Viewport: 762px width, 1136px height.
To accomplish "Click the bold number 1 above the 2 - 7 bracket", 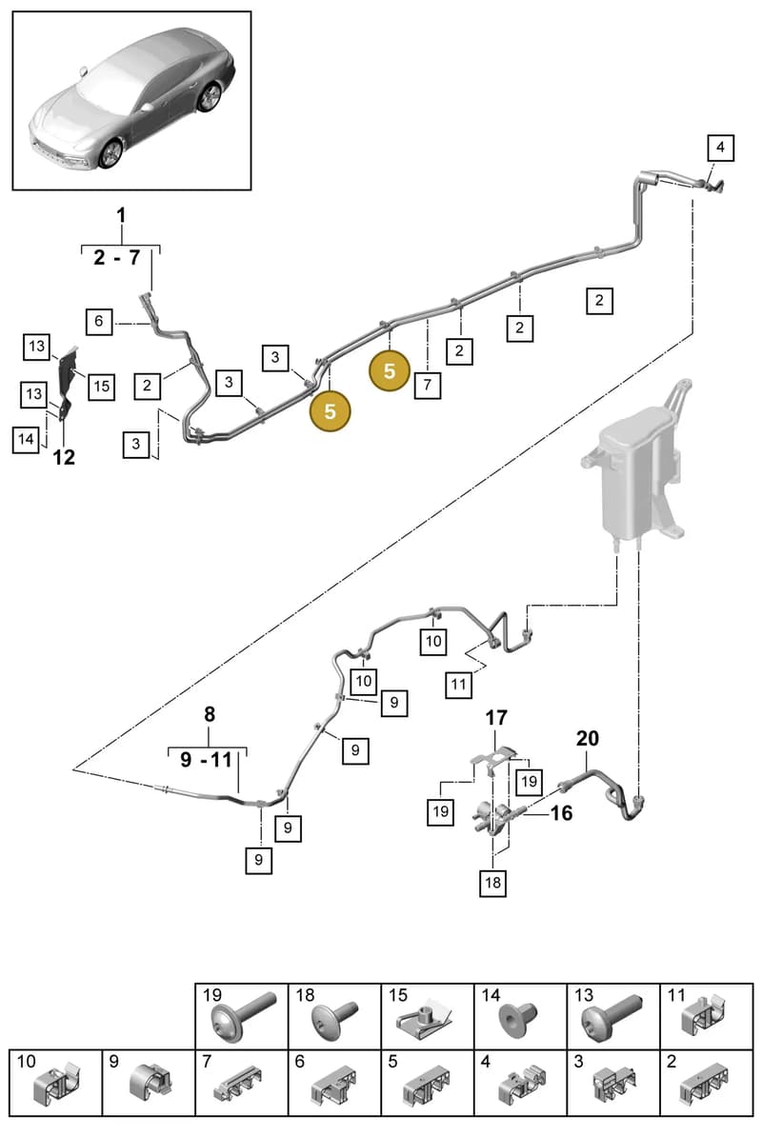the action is tap(121, 215).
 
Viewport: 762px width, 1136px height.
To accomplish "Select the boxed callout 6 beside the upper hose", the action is tap(99, 321).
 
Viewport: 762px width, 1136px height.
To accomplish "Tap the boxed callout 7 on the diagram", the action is tap(427, 385).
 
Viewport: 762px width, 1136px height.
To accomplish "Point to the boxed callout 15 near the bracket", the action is tap(102, 387).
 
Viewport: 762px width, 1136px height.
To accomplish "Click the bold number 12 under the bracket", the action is tap(64, 457).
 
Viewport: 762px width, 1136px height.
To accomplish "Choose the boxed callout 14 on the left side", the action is tap(26, 440).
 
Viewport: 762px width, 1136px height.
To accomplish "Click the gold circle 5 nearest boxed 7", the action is tap(390, 371).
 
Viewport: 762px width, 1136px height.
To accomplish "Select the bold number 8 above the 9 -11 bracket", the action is tap(210, 714).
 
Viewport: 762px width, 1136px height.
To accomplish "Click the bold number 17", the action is tap(496, 718).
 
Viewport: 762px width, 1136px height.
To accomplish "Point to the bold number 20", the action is tap(588, 738).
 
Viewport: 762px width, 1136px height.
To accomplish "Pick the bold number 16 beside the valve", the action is tap(561, 813).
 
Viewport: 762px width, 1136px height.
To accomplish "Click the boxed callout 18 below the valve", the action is tap(493, 883).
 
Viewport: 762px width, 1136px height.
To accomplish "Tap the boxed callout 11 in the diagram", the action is tap(458, 685).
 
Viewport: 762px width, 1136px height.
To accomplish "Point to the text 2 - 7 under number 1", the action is tap(117, 257).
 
